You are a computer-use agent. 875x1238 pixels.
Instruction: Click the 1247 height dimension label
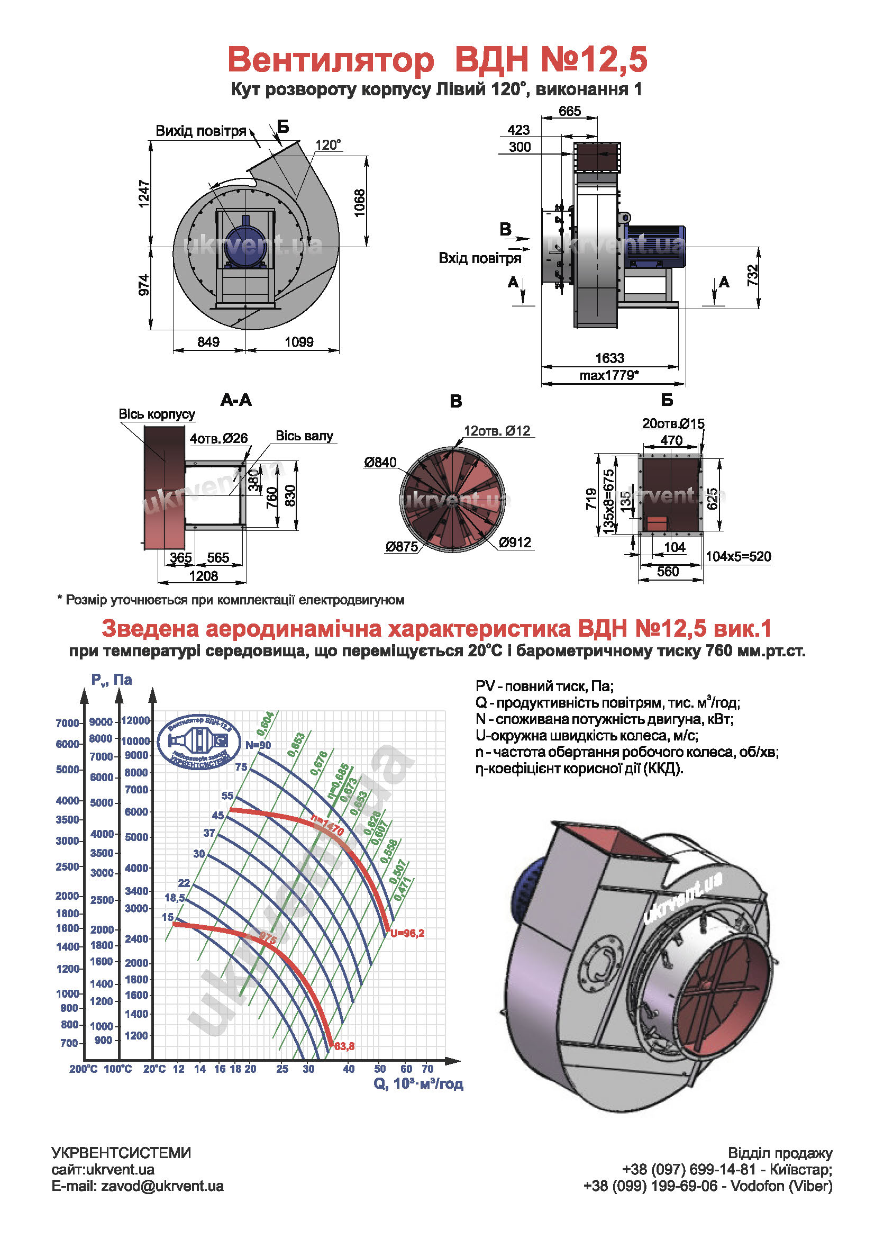pyautogui.click(x=144, y=193)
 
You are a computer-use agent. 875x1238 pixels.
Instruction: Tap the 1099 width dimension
pyautogui.click(x=299, y=342)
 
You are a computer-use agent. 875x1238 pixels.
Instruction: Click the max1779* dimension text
pyautogui.click(x=609, y=375)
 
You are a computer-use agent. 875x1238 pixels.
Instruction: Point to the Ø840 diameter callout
pyautogui.click(x=380, y=463)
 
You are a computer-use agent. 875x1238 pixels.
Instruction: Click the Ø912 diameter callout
pyautogui.click(x=515, y=543)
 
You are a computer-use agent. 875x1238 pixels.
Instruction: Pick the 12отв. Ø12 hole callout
pyautogui.click(x=497, y=431)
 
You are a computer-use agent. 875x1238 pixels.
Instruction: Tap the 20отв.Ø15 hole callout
pyautogui.click(x=673, y=424)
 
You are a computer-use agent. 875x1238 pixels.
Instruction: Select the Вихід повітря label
pyautogui.click(x=200, y=131)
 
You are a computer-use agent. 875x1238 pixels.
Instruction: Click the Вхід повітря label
pyautogui.click(x=479, y=258)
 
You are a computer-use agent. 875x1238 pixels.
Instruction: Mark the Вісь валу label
pyautogui.click(x=304, y=436)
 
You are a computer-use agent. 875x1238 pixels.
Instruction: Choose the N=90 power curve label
pyautogui.click(x=258, y=745)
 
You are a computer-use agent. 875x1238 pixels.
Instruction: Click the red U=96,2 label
pyautogui.click(x=407, y=933)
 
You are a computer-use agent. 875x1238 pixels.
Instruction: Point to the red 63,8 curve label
pyautogui.click(x=344, y=1046)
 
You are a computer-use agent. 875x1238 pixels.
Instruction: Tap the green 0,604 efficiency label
pyautogui.click(x=265, y=724)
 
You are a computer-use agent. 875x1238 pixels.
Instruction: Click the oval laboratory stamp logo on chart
pyautogui.click(x=199, y=742)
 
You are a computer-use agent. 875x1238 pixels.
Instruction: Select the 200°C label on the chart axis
pyautogui.click(x=84, y=1069)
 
